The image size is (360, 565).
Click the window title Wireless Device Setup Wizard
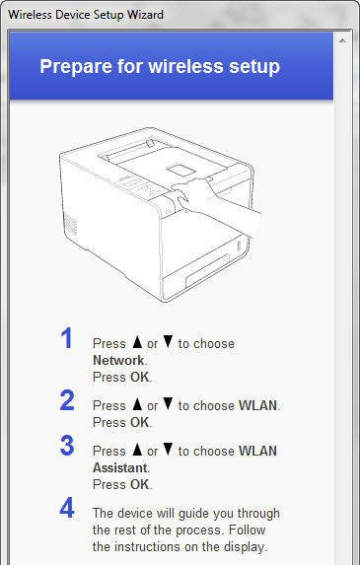86,15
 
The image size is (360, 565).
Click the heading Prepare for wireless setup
160,66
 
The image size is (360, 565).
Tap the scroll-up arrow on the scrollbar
342,40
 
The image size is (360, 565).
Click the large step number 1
67,338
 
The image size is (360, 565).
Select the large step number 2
67,400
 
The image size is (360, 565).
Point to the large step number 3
67,446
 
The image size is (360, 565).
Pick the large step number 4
67,508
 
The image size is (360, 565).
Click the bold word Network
118,360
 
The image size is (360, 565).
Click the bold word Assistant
120,467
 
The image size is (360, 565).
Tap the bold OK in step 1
139,377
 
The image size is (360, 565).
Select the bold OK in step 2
139,422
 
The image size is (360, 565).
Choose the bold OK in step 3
139,484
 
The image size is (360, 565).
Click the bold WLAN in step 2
258,405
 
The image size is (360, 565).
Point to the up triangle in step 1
137,342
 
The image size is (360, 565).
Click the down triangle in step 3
168,450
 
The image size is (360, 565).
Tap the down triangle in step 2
168,404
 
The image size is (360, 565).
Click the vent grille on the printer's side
70,224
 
